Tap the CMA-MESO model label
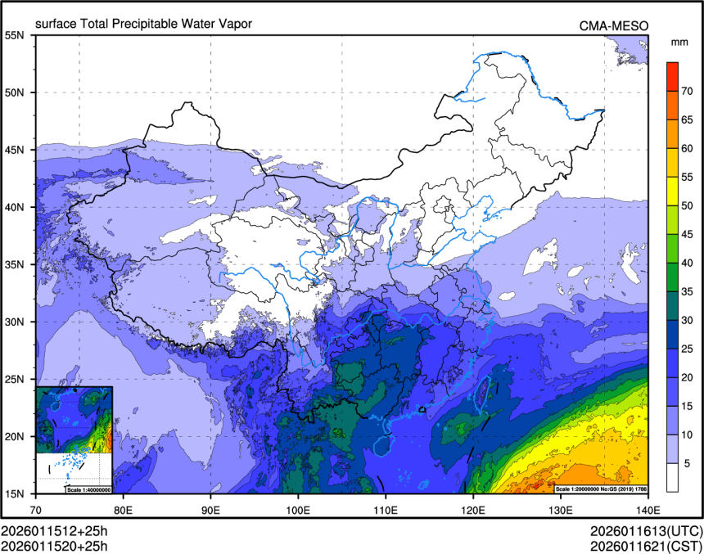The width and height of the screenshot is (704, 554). (x=613, y=25)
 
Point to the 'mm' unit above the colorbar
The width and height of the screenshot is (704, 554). (x=679, y=42)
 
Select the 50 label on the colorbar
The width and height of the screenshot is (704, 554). (x=688, y=205)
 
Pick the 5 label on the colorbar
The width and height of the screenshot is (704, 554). (x=688, y=462)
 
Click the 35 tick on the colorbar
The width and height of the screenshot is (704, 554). (x=688, y=291)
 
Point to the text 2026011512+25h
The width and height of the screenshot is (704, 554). (x=55, y=530)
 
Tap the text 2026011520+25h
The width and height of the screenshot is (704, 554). (x=55, y=544)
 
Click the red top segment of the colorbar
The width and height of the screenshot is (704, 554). (x=671, y=70)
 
